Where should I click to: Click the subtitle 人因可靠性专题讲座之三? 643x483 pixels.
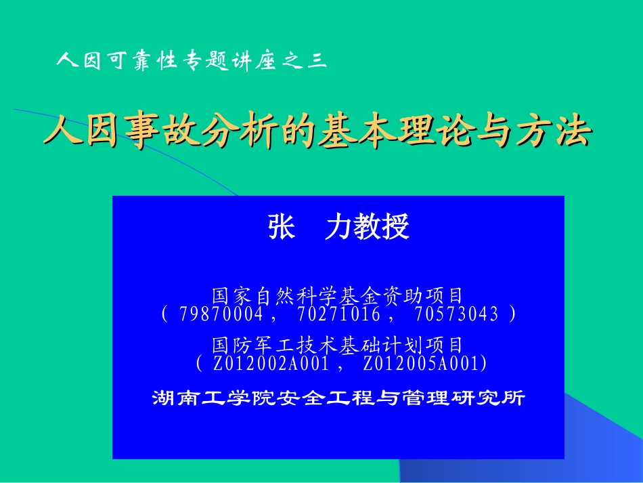click(x=192, y=61)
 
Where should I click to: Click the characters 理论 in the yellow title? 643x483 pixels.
click(x=442, y=131)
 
